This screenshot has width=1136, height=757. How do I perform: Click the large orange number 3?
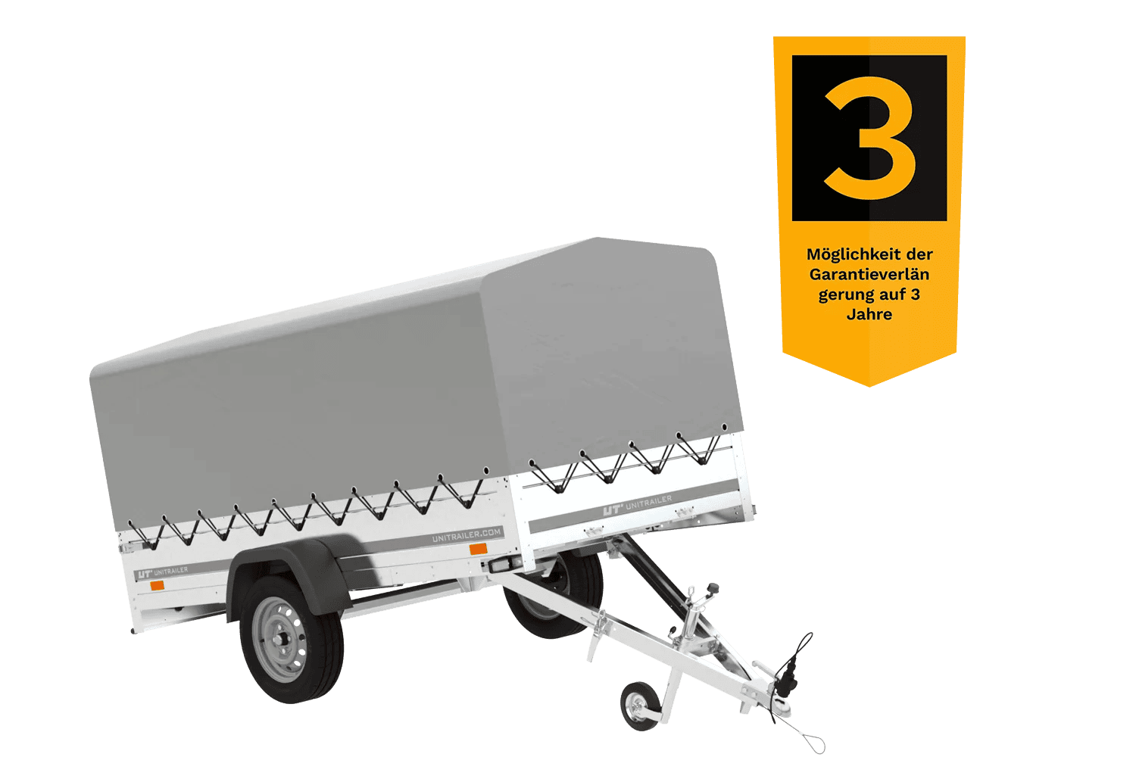(870, 138)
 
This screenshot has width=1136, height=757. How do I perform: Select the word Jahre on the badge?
(869, 314)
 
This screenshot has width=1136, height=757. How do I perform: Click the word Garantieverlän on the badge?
(869, 274)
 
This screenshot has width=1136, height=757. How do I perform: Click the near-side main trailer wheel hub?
(280, 640)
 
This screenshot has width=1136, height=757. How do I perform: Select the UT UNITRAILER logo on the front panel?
(638, 505)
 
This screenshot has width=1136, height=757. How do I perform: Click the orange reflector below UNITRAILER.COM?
(478, 549)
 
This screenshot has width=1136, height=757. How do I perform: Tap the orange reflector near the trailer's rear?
(158, 586)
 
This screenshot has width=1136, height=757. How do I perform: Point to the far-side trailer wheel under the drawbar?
(553, 596)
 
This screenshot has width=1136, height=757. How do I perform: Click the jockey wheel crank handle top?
(713, 588)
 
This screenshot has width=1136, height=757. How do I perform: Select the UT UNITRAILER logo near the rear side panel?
(163, 572)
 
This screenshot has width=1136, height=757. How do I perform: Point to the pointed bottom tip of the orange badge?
(869, 386)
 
